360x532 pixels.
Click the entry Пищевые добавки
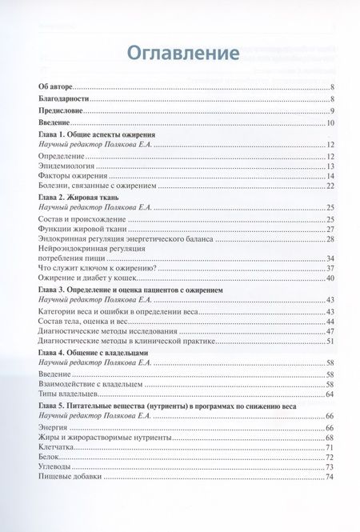71,478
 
